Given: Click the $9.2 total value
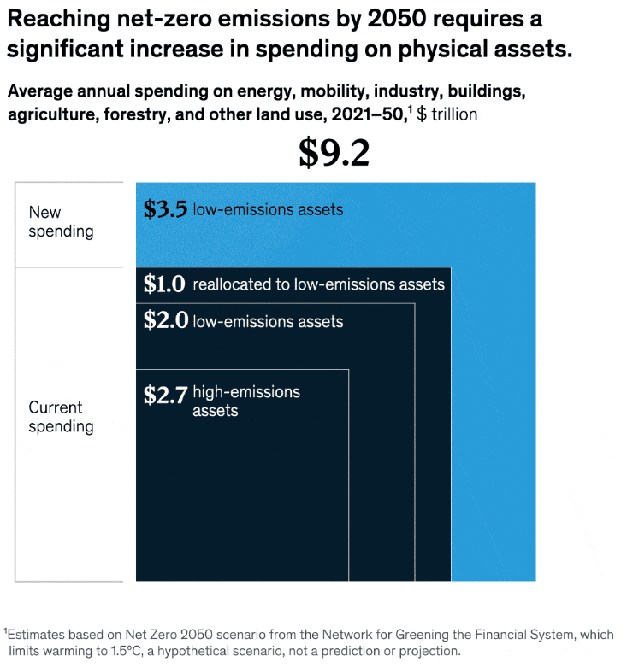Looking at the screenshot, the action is [334, 154].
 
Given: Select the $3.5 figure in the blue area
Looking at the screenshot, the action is [165, 209].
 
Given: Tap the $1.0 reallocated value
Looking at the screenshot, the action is [164, 284].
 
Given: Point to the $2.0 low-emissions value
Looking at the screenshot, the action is [165, 320].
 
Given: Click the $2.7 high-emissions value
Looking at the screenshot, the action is [165, 396].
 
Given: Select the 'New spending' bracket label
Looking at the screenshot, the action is [61, 221].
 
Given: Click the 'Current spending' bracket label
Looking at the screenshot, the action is [61, 417].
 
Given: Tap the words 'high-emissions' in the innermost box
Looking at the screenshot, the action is [246, 392].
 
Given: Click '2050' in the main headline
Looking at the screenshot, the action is [397, 19].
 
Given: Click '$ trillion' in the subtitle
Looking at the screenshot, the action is [447, 114].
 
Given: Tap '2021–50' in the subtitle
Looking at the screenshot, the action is [368, 114].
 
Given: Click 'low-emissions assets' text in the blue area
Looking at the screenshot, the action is [268, 209].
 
